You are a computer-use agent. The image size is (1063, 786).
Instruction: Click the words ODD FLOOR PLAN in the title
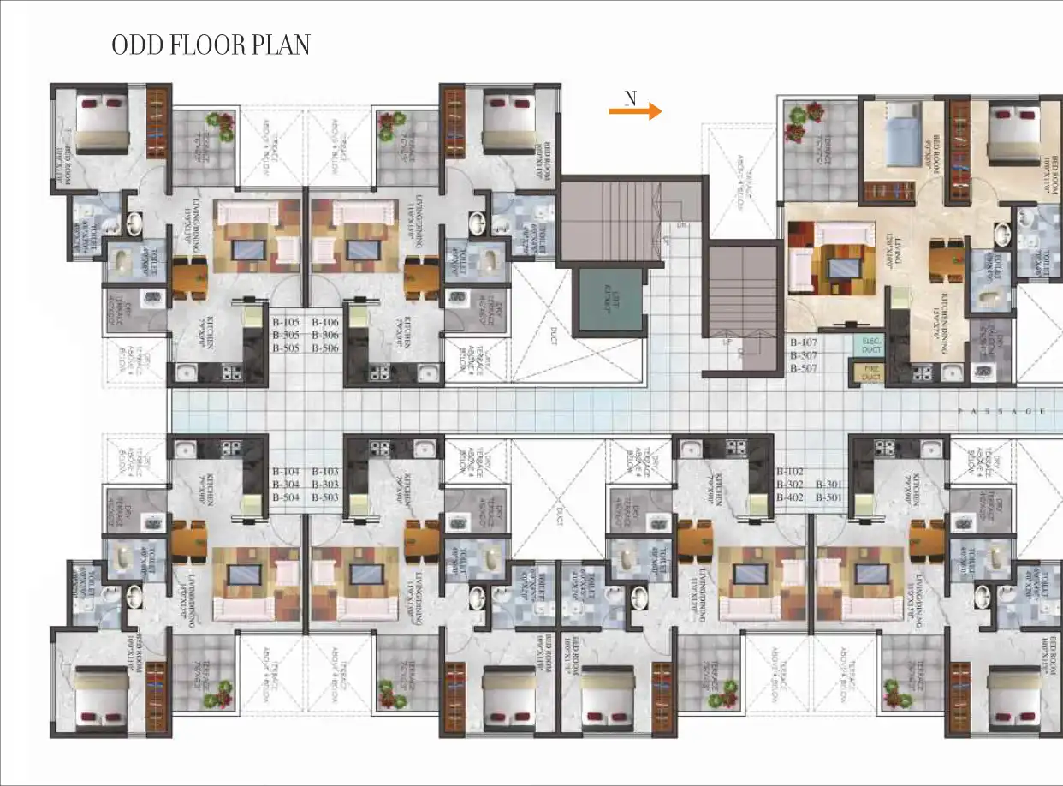tap(211, 45)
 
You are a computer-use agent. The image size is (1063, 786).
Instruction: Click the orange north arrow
tap(635, 111)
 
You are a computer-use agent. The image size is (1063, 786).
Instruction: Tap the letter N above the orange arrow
tap(631, 98)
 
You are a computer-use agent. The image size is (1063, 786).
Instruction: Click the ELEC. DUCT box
tap(870, 344)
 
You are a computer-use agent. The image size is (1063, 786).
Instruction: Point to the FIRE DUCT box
tap(870, 372)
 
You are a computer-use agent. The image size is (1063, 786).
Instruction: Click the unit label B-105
tap(286, 322)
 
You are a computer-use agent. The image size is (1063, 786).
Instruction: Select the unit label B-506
tap(325, 348)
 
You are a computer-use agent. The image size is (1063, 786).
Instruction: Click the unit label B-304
tap(286, 485)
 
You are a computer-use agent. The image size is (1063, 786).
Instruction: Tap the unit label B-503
tap(325, 497)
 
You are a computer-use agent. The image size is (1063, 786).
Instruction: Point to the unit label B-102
tap(790, 471)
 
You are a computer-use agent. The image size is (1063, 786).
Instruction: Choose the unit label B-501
tap(829, 497)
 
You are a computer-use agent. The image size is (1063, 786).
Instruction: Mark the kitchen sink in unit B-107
tap(950, 372)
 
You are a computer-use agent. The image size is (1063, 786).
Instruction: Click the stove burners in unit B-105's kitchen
tap(229, 372)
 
